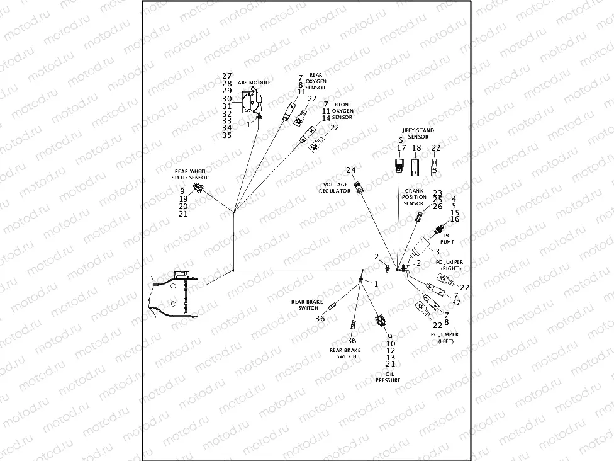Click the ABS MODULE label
click(254, 83)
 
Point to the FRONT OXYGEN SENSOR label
click(343, 111)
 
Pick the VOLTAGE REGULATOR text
click(334, 187)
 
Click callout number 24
click(350, 171)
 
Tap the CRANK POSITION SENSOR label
click(414, 197)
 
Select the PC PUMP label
click(447, 238)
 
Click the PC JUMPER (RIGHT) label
click(449, 265)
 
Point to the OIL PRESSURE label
click(388, 377)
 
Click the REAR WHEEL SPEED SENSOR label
click(191, 174)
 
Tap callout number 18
click(416, 148)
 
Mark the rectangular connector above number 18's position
click(416, 167)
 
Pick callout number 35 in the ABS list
click(227, 135)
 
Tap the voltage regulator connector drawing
click(359, 186)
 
